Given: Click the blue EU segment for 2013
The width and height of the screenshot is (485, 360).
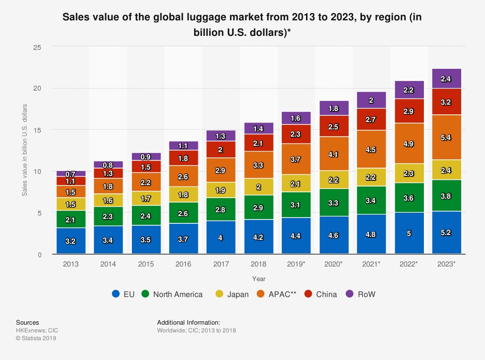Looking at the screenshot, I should coord(71,240).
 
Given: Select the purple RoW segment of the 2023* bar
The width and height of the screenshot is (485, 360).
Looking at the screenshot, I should coord(447,78).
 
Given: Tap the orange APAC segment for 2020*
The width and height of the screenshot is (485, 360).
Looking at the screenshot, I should coord(334,154).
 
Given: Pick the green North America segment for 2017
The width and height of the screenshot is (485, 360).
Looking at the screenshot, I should coord(221,209).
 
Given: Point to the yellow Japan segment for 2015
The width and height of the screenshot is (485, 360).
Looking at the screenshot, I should coord(146,198).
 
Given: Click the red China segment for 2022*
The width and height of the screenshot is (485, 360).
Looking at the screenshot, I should coord(409,111).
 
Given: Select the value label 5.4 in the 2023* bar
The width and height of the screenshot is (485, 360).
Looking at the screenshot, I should coord(447,138).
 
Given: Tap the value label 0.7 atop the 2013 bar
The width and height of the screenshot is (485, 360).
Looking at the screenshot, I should coord(71,174).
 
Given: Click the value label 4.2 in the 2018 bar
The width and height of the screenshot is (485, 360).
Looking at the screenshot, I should coord(259,237).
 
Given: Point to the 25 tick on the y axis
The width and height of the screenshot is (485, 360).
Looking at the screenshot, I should coord(37,47).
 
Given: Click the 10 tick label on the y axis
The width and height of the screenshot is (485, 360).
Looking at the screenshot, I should coord(37,172).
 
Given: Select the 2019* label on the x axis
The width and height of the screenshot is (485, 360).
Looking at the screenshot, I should coord(296,265).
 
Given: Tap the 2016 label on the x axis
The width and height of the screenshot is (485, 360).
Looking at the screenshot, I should coord(183,265).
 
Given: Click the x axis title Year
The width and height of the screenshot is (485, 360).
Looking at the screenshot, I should coord(259,279).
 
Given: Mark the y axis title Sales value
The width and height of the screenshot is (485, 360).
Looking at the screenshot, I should coord(24,150).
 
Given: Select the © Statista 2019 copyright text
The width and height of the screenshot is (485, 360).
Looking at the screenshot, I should coord(36,338).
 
